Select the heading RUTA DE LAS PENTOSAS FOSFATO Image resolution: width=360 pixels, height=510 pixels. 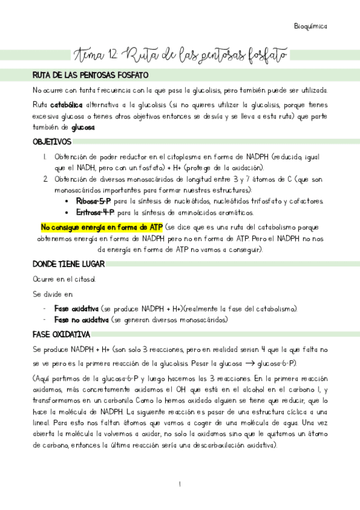[94, 76]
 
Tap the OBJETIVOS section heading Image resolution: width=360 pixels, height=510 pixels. [52, 141]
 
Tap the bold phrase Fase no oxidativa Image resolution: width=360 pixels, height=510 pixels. [82, 320]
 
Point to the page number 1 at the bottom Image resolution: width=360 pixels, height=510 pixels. [179, 484]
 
